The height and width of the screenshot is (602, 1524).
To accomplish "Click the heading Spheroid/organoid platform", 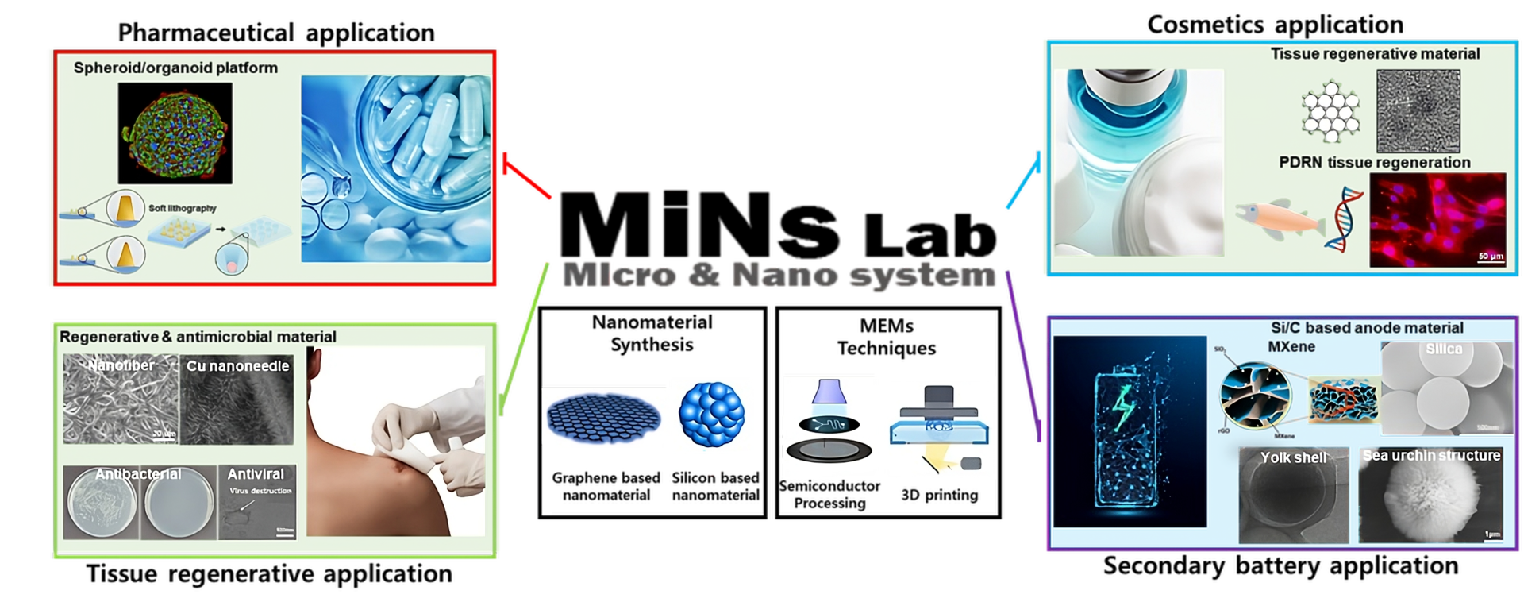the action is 175,68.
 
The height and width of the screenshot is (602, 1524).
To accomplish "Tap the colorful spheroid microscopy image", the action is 175,133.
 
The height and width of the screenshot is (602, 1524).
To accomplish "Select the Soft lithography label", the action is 183,208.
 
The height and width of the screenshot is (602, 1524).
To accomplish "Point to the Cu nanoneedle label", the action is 237,366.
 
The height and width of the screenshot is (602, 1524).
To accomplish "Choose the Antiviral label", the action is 256,474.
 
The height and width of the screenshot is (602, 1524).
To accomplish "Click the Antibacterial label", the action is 138,474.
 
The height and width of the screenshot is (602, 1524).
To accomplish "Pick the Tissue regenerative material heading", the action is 1375,54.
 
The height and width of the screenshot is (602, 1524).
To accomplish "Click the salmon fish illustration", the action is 1278,218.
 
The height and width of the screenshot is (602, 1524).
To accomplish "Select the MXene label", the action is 1291,347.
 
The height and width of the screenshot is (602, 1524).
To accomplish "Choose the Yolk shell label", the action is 1293,457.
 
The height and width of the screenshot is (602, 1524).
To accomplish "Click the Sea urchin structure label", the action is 1430,456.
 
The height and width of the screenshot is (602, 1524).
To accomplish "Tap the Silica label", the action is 1443,349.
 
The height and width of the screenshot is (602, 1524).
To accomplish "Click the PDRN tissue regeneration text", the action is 1375,163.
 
